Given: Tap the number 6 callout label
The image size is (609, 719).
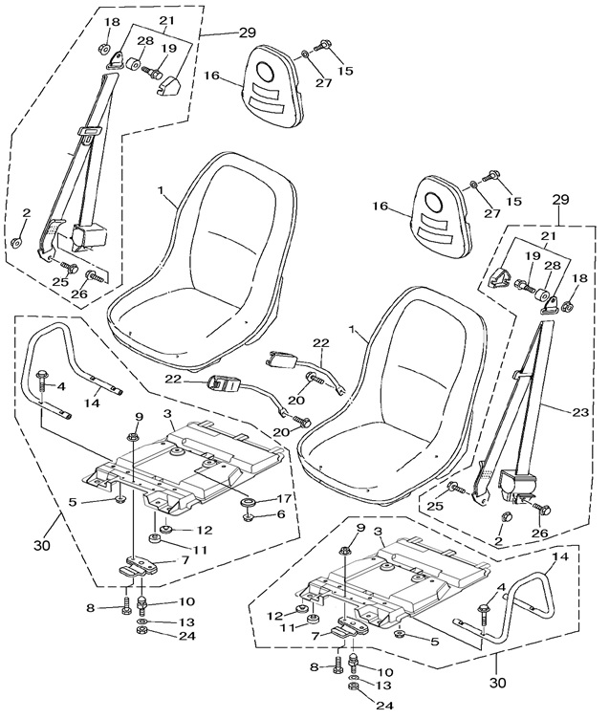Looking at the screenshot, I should point(281,514).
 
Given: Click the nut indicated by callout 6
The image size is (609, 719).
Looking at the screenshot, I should point(247,517).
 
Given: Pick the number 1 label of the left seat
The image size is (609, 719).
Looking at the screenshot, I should point(167,202).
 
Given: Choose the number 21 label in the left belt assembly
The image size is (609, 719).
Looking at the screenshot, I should point(166,21).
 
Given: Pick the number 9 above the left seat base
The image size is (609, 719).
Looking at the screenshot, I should point(139,416).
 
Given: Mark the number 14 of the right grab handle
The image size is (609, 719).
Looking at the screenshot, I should point(561,556).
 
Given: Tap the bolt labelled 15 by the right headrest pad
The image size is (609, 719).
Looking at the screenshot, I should point(494,175).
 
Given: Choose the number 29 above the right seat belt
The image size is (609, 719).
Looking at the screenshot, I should point(560,199).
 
